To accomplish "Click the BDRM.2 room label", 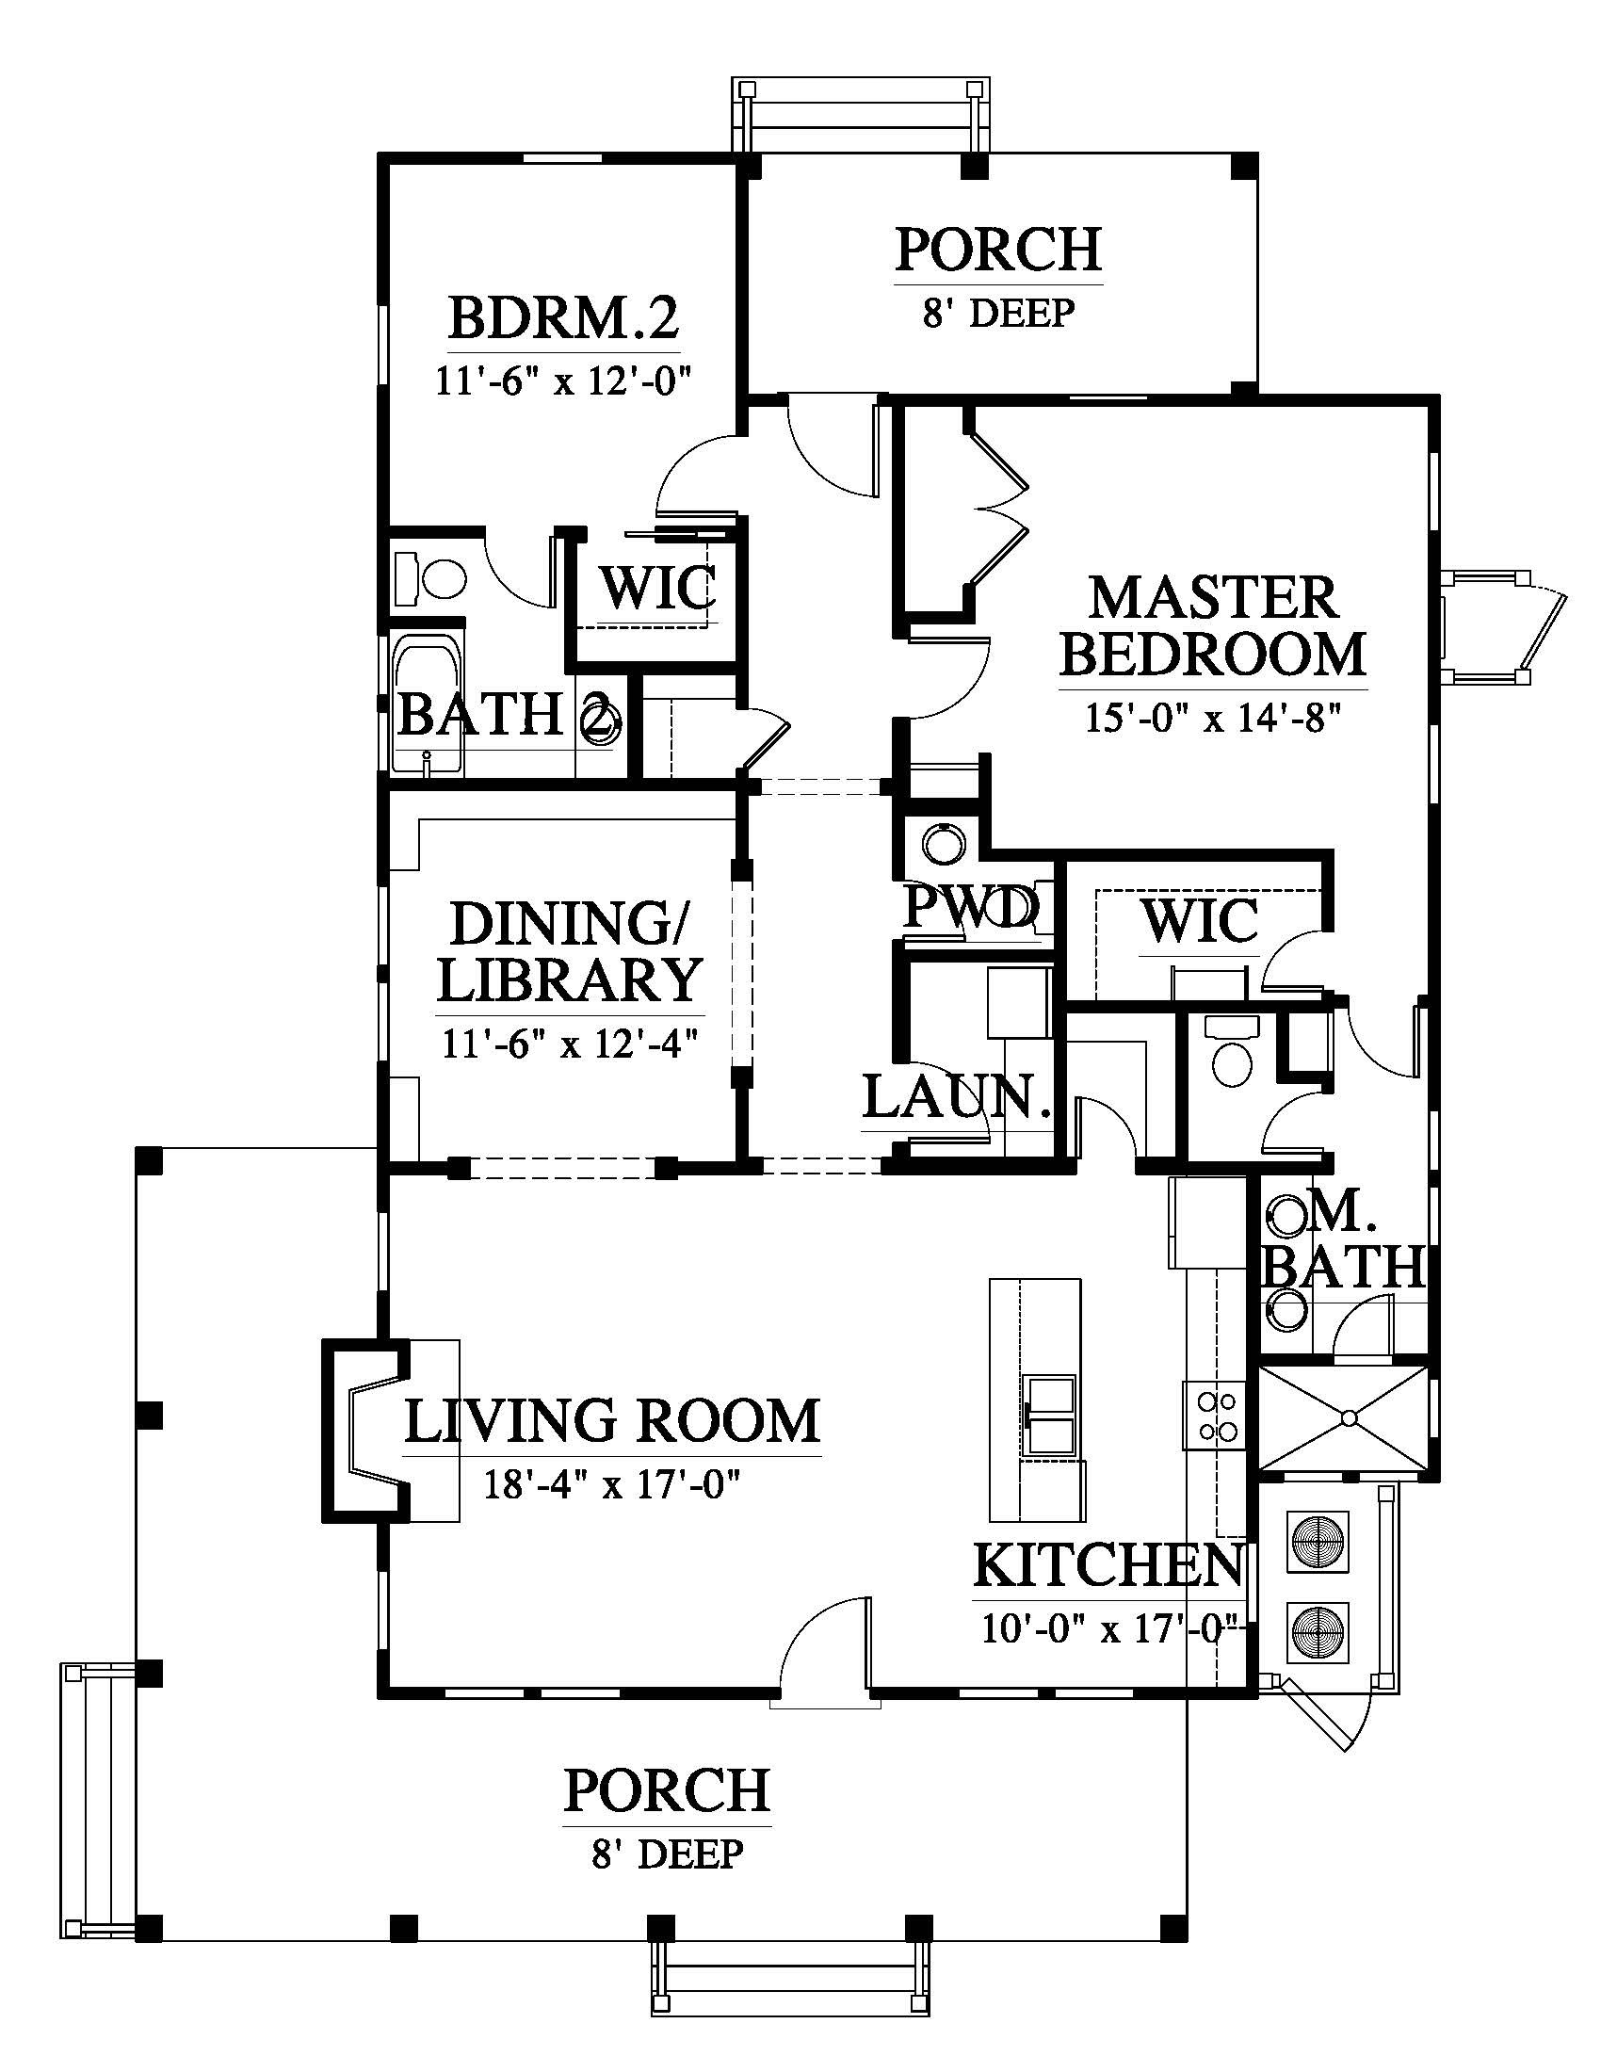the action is (563, 318).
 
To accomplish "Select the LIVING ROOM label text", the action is (612, 1421).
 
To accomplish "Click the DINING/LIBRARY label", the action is (569, 952).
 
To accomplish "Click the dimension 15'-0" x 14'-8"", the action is (1213, 719).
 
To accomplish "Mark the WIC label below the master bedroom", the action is (1201, 921).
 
